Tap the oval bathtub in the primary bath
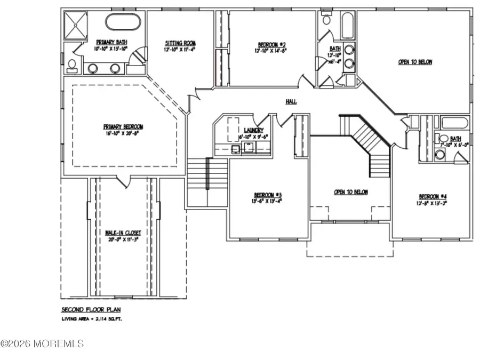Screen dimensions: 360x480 (x=123, y=22)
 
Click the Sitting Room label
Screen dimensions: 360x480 (x=180, y=43)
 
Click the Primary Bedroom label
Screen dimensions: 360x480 (x=124, y=126)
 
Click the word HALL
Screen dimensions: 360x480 (x=291, y=102)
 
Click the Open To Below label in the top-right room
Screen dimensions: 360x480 (x=415, y=62)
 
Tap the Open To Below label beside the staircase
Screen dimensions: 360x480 (x=350, y=192)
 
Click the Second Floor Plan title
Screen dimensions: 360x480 (x=87, y=309)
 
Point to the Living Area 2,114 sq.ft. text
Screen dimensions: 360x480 (x=94, y=319)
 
